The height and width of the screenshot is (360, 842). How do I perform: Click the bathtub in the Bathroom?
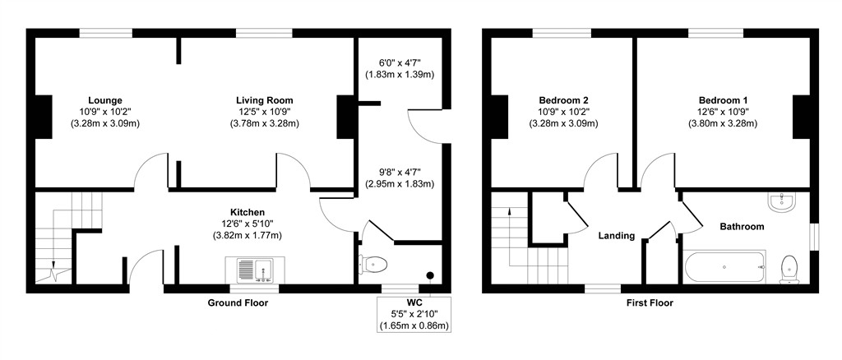(x=724, y=266)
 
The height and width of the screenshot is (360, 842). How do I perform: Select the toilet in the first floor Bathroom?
(x=789, y=268)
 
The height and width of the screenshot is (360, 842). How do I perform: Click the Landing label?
(x=616, y=236)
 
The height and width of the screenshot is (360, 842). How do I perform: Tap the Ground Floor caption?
(x=238, y=302)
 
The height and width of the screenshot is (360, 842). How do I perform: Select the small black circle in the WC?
(x=429, y=275)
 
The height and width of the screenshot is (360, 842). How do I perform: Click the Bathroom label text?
(x=742, y=227)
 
